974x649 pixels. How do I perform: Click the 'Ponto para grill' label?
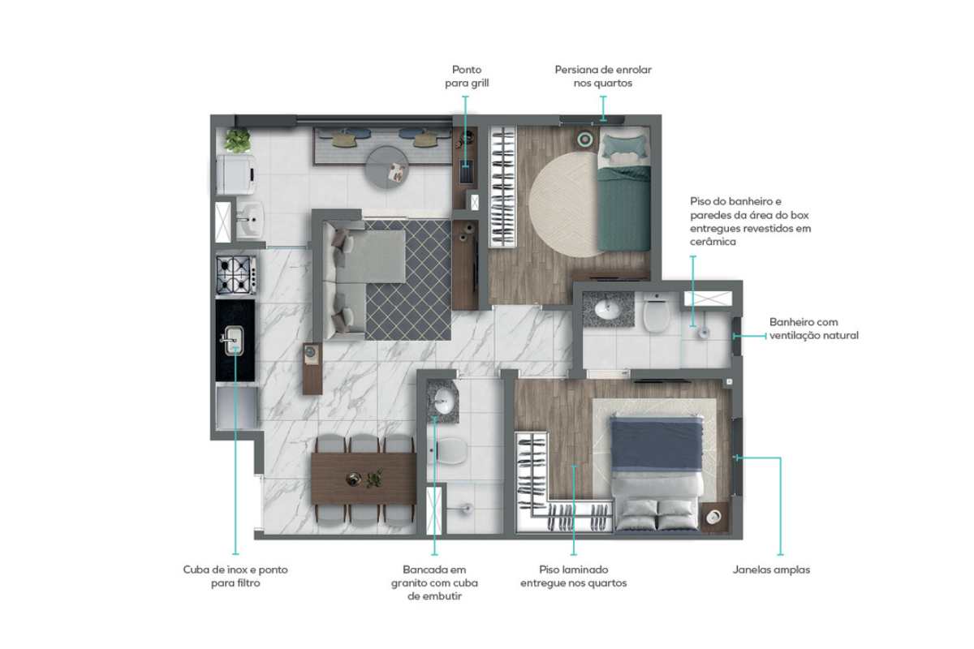coord(467,76)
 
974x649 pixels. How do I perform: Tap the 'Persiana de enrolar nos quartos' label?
coord(603,76)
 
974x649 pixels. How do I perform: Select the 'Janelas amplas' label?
coord(771,569)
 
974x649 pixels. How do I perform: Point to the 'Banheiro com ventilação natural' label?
coord(813,329)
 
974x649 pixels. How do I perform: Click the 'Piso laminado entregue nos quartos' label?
coord(574,576)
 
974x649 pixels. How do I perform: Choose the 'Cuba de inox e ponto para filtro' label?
coord(235,576)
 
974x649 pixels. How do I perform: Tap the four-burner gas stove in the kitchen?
coord(236,275)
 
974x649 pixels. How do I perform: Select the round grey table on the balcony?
coord(386,167)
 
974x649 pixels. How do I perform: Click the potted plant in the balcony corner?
coord(237,140)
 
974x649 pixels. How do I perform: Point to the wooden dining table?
coord(364,479)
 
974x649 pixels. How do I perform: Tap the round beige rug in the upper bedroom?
coord(563,204)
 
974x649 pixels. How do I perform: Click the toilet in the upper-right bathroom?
coord(657,313)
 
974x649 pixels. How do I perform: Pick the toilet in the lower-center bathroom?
coord(448,451)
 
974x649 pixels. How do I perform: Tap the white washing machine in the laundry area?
coord(235,174)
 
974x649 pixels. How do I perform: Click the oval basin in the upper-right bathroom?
coord(607,310)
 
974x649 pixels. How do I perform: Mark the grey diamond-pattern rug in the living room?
coord(407,280)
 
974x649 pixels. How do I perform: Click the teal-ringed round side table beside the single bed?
coord(585,139)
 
